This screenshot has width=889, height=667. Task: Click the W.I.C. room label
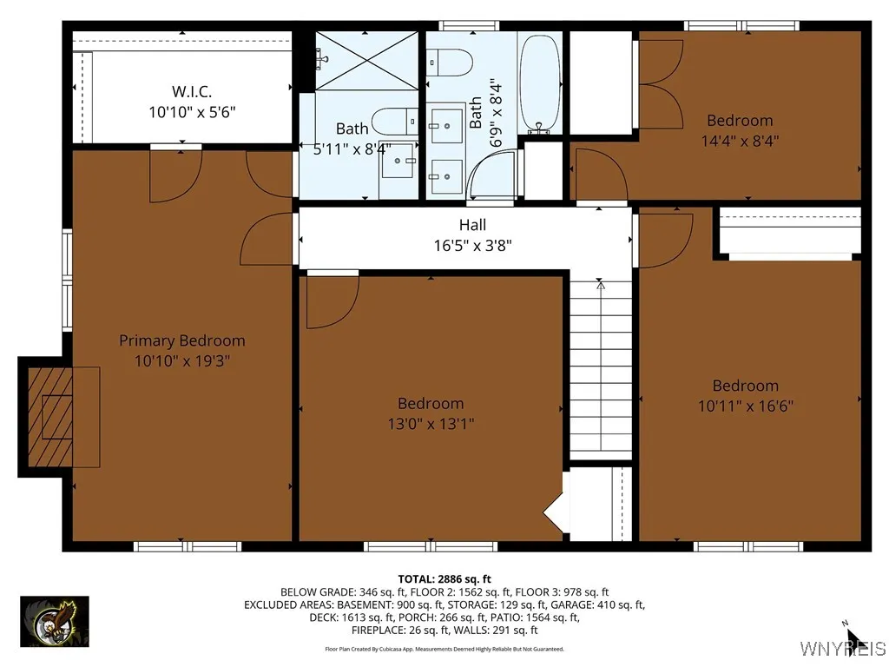191,90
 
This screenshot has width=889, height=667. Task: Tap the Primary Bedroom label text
181,340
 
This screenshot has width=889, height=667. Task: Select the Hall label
472,225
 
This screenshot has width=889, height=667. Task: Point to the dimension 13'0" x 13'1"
431,424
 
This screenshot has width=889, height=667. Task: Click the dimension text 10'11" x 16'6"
745,406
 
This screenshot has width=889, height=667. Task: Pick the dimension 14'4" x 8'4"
740,140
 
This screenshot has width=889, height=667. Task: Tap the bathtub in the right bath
539,83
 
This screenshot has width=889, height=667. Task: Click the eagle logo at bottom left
54,622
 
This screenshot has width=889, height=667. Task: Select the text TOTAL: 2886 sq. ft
444,578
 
